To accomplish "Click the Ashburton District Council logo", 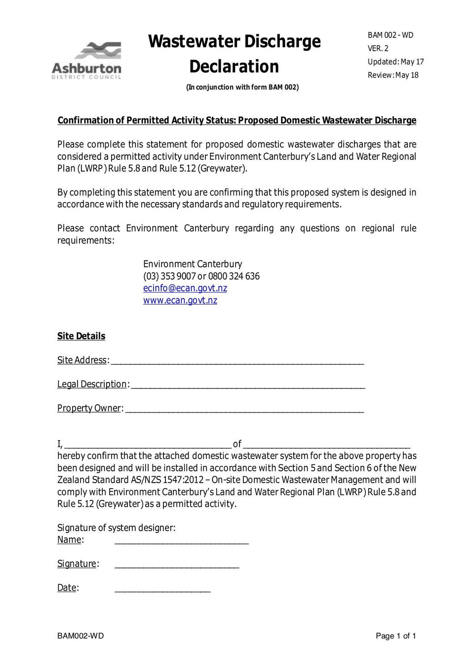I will click(87, 61).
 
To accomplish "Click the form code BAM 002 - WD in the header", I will click(390, 35).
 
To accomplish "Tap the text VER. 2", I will click(378, 48).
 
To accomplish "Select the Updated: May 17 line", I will click(395, 62).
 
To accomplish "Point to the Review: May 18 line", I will click(393, 75).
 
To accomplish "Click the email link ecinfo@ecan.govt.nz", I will click(185, 288).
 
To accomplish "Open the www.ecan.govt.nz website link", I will click(180, 300).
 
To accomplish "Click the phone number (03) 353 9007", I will click(169, 276).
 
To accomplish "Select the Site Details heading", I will click(81, 336).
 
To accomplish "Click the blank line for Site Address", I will click(237, 361).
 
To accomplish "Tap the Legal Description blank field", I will click(248, 385).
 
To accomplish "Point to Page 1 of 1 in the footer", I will click(395, 636).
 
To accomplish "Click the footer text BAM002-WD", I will click(80, 636).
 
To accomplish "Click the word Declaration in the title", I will click(234, 67).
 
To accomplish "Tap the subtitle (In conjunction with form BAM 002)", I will click(242, 87).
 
